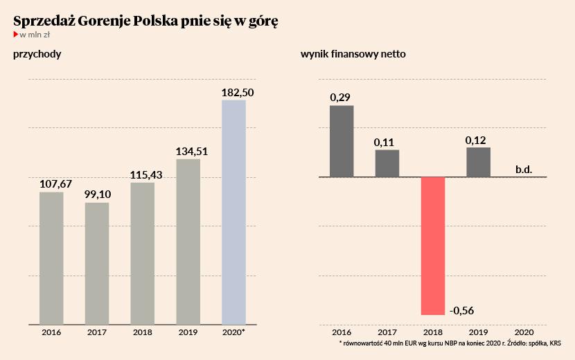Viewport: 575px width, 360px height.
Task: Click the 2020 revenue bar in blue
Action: tap(233, 212)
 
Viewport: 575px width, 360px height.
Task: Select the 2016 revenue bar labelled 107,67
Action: tap(51, 258)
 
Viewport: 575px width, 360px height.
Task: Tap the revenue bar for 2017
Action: tap(97, 263)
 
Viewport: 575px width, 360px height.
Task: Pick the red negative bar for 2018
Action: tap(433, 246)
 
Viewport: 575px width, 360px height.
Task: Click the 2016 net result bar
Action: tap(342, 141)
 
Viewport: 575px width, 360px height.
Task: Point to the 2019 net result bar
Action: tap(478, 162)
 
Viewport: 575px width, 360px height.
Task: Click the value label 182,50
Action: tap(233, 92)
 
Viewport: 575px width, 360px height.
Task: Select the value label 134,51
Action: tap(188, 151)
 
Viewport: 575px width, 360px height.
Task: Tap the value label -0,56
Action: tap(466, 309)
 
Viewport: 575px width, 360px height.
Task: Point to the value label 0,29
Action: tap(340, 97)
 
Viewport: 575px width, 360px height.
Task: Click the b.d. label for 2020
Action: tap(523, 169)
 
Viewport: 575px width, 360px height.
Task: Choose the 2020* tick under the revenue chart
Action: tap(234, 333)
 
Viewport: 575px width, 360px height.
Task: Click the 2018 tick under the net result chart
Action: tap(433, 333)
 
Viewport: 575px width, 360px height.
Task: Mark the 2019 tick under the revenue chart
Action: tap(188, 333)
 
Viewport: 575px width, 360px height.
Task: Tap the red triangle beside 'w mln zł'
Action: tap(16, 33)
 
